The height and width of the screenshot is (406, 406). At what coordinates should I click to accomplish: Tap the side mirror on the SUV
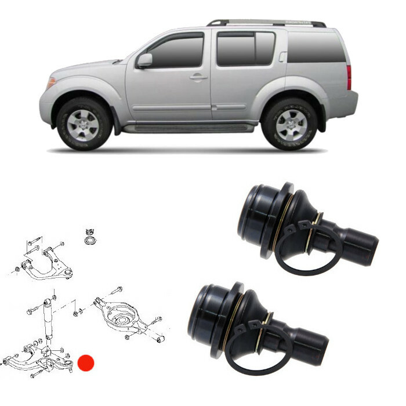(x=144, y=60)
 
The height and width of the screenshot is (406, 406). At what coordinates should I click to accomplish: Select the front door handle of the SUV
(x=198, y=77)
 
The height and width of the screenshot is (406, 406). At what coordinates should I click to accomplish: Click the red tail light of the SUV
(x=349, y=77)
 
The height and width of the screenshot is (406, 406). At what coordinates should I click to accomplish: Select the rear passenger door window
(x=244, y=49)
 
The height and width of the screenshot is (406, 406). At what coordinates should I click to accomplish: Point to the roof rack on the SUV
(x=267, y=23)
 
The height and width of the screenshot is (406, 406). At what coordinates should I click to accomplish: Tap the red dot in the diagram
(x=86, y=364)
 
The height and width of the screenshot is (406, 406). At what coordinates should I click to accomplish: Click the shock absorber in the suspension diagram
(x=48, y=325)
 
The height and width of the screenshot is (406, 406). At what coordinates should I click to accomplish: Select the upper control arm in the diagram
(x=49, y=262)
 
